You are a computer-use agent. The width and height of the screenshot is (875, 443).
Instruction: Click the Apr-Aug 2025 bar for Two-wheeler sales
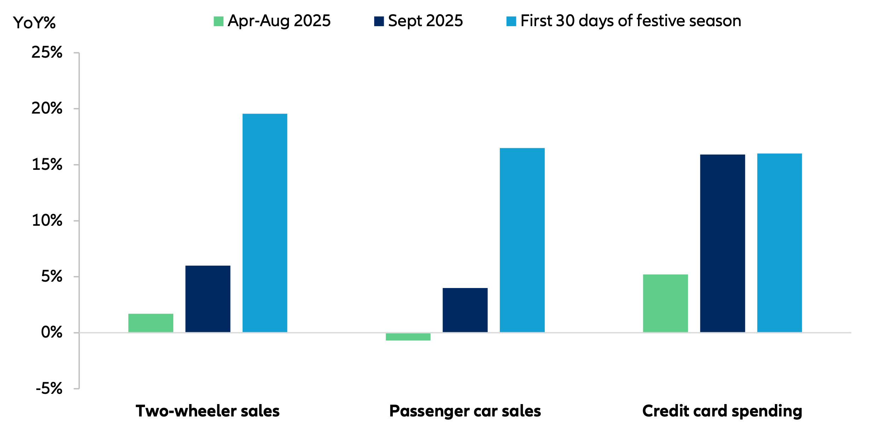(x=151, y=323)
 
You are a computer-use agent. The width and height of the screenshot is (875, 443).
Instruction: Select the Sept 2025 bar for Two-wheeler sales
(x=208, y=299)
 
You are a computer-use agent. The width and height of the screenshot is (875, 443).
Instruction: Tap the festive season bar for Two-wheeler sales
(x=265, y=223)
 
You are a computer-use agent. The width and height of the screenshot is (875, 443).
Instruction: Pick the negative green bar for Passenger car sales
(x=408, y=336)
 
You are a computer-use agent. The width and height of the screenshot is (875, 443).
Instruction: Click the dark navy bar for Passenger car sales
(x=465, y=310)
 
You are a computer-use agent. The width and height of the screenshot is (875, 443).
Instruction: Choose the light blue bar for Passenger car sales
(x=522, y=240)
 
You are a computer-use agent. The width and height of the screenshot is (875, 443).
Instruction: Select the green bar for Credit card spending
(x=665, y=303)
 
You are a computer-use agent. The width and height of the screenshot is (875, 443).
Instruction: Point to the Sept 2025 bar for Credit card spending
(x=722, y=243)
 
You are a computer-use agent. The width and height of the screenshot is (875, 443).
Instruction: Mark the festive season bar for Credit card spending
(x=779, y=243)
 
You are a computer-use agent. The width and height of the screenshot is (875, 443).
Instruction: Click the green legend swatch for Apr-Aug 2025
(x=218, y=21)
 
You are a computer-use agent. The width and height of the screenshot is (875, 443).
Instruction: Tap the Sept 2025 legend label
(x=425, y=21)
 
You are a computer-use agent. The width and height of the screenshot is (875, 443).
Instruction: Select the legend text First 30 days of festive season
(x=630, y=21)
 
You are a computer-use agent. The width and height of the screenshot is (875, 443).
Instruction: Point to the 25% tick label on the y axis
(x=47, y=52)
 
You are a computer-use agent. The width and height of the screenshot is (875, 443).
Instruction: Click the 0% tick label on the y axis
(x=51, y=332)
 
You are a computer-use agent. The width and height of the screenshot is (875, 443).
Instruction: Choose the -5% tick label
(x=49, y=389)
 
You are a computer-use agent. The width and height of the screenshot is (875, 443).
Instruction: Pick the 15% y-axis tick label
(x=47, y=165)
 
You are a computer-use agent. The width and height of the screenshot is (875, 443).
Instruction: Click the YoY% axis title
(x=34, y=23)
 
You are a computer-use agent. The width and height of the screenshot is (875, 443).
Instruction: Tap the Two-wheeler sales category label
(x=208, y=411)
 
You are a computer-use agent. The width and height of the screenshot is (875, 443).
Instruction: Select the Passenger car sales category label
(x=465, y=411)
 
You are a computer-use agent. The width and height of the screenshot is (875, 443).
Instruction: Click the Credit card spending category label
(x=722, y=411)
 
